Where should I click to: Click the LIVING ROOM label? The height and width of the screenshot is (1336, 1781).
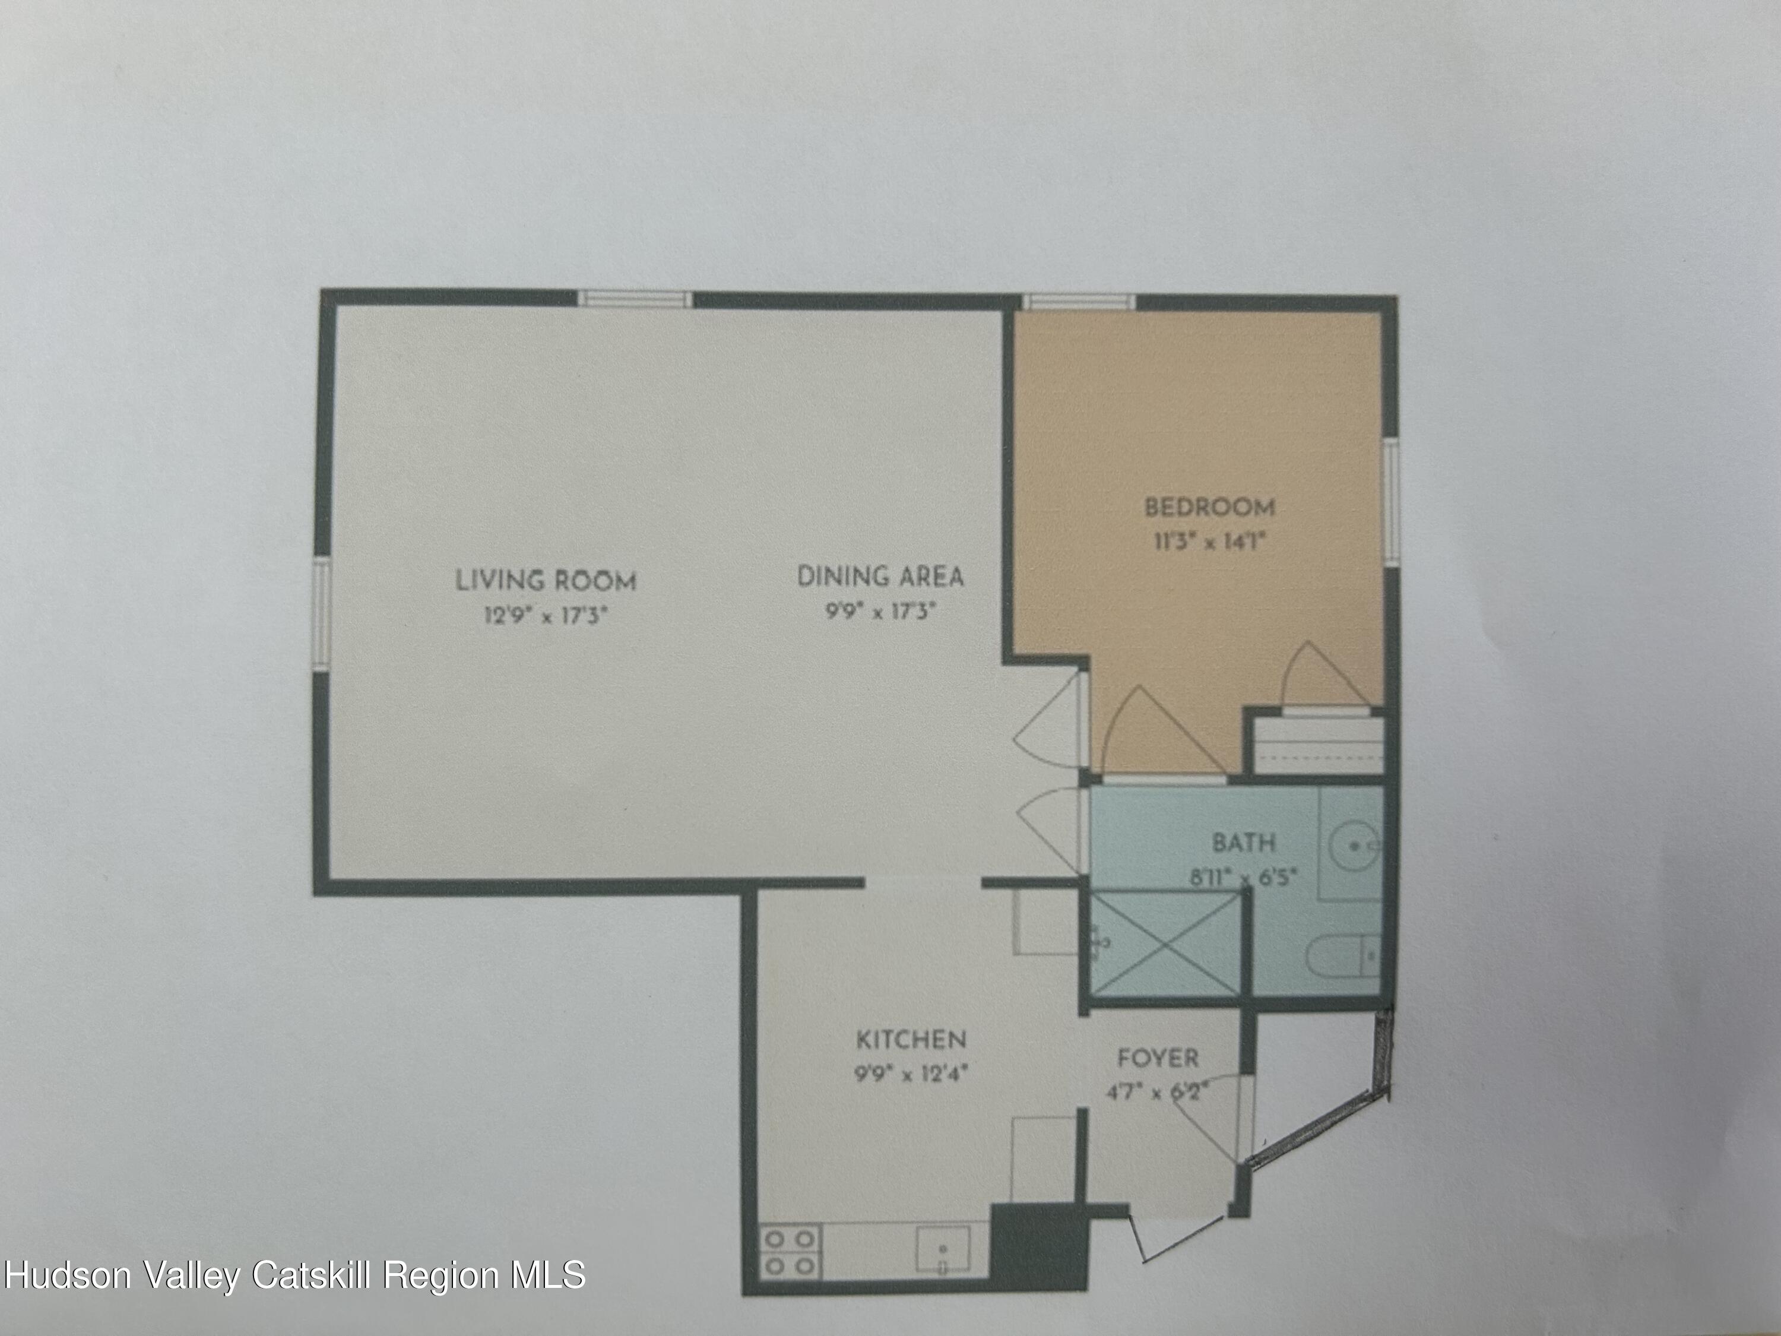[x=546, y=580]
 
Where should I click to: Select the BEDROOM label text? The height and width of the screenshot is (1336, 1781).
[x=1209, y=507]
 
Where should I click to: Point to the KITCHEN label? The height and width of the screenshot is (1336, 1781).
[x=910, y=1040]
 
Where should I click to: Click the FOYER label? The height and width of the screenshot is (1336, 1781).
[x=1158, y=1058]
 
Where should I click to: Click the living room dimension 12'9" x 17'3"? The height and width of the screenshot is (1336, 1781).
[x=544, y=616]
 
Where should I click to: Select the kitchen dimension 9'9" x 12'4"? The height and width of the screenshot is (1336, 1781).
[x=910, y=1073]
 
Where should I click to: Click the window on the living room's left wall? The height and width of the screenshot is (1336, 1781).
[x=322, y=615]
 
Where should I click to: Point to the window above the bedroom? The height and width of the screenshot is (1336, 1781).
[x=1079, y=303]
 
